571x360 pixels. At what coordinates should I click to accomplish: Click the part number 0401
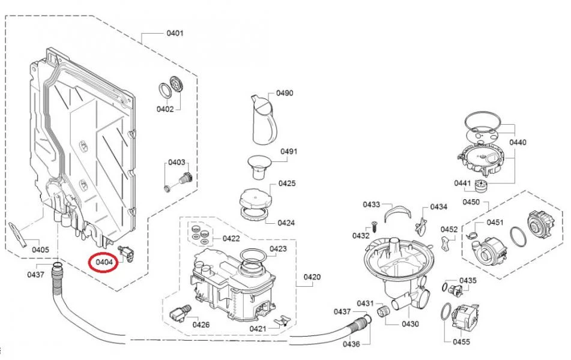pyautogui.click(x=175, y=33)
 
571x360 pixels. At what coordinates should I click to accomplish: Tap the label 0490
pyautogui.click(x=285, y=93)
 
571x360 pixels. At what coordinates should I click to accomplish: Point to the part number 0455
pyautogui.click(x=462, y=342)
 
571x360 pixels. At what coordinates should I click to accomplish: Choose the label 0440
pyautogui.click(x=517, y=142)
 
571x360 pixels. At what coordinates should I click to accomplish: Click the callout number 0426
pyautogui.click(x=201, y=325)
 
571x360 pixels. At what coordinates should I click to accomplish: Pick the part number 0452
pyautogui.click(x=449, y=229)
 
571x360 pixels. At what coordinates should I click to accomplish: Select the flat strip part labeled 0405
pyautogui.click(x=18, y=234)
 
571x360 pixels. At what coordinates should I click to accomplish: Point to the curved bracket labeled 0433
pyautogui.click(x=397, y=212)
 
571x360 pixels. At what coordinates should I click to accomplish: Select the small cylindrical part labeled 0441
pyautogui.click(x=481, y=185)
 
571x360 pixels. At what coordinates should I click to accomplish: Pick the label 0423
pyautogui.click(x=277, y=248)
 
